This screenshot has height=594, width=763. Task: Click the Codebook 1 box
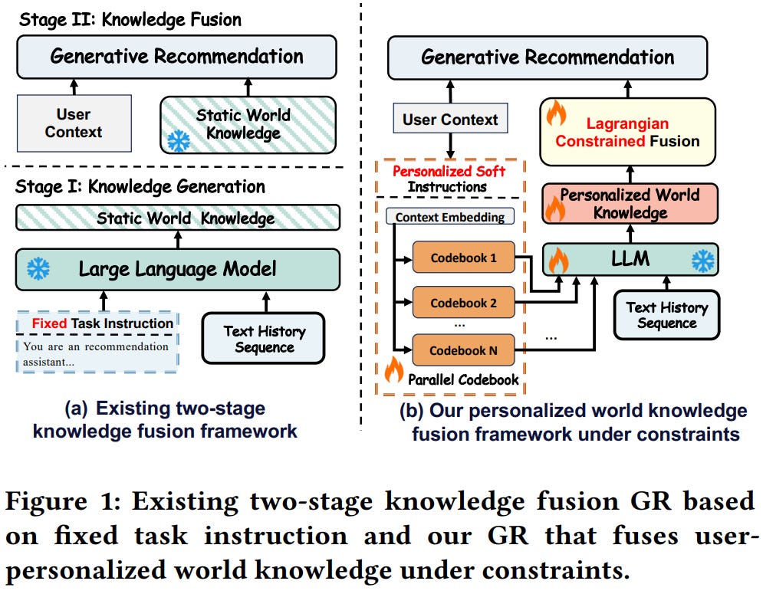pos(463,258)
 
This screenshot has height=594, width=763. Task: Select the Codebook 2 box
pos(463,303)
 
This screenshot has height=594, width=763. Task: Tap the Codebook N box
pos(463,350)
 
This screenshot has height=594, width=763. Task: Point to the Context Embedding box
pos(449,217)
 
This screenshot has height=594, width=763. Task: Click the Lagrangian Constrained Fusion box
pos(628,132)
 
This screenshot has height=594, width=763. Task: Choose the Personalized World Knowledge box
pos(630,203)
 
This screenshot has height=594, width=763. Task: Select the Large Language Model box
pos(178,269)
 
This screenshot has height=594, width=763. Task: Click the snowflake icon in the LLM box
pos(702,261)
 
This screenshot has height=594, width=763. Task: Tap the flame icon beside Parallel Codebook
pos(393,370)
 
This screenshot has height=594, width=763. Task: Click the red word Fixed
pos(49,323)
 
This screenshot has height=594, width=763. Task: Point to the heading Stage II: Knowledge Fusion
pos(130,19)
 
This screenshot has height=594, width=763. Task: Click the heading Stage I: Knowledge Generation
pos(140,186)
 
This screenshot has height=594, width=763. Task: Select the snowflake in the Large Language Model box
pos(38,268)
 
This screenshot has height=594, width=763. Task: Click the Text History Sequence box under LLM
pos(666,315)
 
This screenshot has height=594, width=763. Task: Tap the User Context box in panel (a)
pos(74,123)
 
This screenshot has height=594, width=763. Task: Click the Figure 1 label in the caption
pos(63,501)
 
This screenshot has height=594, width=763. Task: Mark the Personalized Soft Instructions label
pos(449,179)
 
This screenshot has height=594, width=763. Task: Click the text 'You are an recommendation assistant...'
pos(95,353)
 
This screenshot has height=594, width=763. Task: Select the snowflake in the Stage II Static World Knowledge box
pos(179,141)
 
